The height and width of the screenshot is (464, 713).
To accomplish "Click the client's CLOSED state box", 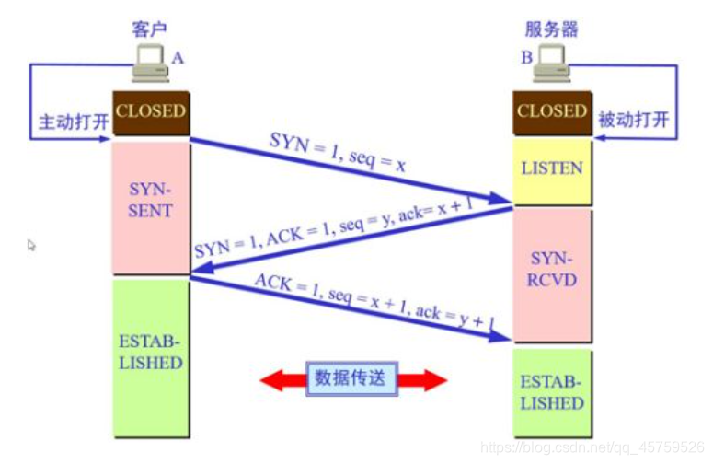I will pos(150,111).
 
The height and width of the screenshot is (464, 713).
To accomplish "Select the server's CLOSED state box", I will pos(551,111).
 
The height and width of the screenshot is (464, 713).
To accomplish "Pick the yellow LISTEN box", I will pos(551,168).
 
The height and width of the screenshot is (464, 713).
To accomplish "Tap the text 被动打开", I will pos(633,121).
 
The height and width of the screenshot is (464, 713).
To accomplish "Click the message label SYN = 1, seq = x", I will pos(337,152).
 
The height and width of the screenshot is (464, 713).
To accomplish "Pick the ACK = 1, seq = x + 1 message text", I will pos(374,300).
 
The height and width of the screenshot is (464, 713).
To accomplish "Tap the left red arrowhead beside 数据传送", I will pos(272,378).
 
